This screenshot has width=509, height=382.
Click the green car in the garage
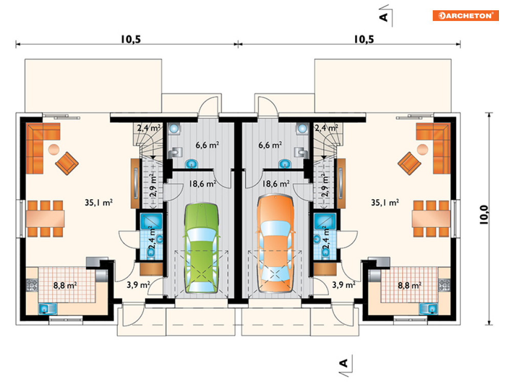202,248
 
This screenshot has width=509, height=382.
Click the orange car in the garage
275,243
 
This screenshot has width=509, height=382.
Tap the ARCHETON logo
466,15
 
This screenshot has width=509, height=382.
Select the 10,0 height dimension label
483,215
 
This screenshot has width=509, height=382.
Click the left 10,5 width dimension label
131,39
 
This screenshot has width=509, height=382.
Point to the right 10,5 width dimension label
364,39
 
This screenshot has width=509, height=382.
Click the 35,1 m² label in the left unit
99,203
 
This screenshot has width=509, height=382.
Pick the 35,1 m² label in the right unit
385,203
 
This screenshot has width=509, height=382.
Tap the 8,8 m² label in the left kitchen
65,286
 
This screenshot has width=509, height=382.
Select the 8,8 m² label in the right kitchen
410,286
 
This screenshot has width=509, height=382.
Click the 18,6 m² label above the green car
203,184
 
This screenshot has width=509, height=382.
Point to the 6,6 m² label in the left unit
207,145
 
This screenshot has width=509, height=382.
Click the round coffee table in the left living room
54,150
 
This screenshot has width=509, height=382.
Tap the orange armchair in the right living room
409,163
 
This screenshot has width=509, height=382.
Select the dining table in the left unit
45,218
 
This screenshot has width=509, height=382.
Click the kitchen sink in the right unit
428,309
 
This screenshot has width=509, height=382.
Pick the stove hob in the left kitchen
32,285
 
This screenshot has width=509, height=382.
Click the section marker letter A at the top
384,16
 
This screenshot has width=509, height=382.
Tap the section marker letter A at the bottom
343,363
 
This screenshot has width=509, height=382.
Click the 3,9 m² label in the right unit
343,285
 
